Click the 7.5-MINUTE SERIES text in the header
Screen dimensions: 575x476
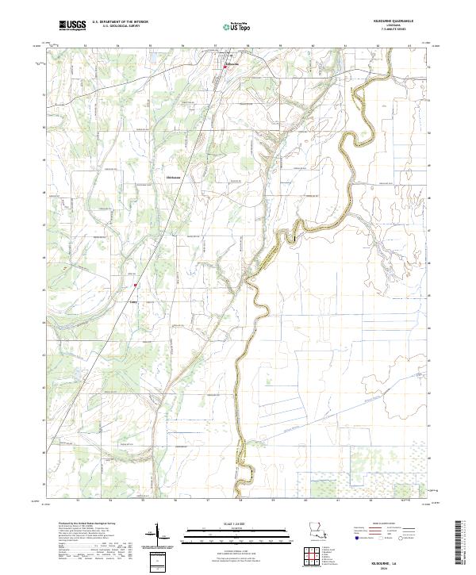[x=403, y=30]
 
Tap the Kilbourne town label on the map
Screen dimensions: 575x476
[x=232, y=63]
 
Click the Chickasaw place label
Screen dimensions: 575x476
[x=173, y=177]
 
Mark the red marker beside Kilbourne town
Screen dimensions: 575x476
[x=225, y=67]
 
